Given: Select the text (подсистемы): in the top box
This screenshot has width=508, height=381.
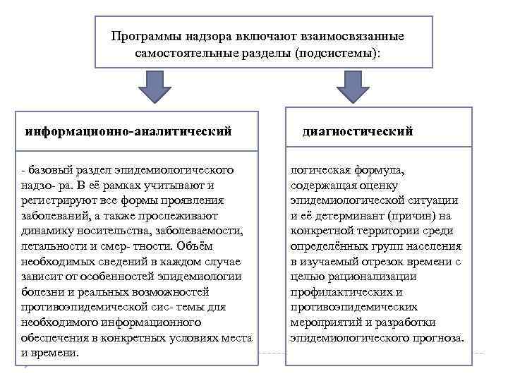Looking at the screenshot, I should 332,54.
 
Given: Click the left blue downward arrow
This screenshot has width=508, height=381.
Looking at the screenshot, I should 154,90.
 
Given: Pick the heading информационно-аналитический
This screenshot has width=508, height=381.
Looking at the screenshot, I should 128,131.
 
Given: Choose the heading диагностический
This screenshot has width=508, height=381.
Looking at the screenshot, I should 357,131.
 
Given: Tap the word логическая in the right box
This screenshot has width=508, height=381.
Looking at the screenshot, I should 319,170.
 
